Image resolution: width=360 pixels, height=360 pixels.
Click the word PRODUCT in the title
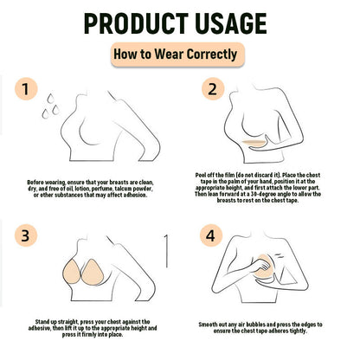(x=136, y=23)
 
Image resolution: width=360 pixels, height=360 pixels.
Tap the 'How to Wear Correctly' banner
(x=177, y=55)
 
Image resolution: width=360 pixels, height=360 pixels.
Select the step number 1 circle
(x=26, y=89)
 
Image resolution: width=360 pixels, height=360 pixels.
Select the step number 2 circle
(x=213, y=89)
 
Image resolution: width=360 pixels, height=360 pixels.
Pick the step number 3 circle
(x=26, y=235)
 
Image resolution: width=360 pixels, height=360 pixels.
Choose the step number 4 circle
(x=211, y=235)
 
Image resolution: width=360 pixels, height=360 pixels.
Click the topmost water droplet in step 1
(x=51, y=99)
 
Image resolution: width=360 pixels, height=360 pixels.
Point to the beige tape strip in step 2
(x=254, y=142)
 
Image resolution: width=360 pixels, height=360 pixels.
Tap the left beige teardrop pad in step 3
(x=71, y=272)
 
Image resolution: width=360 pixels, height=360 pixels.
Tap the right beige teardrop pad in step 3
(x=92, y=272)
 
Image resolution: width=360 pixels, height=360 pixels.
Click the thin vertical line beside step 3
(x=166, y=251)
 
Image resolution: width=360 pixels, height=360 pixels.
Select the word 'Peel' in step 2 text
(x=201, y=175)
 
